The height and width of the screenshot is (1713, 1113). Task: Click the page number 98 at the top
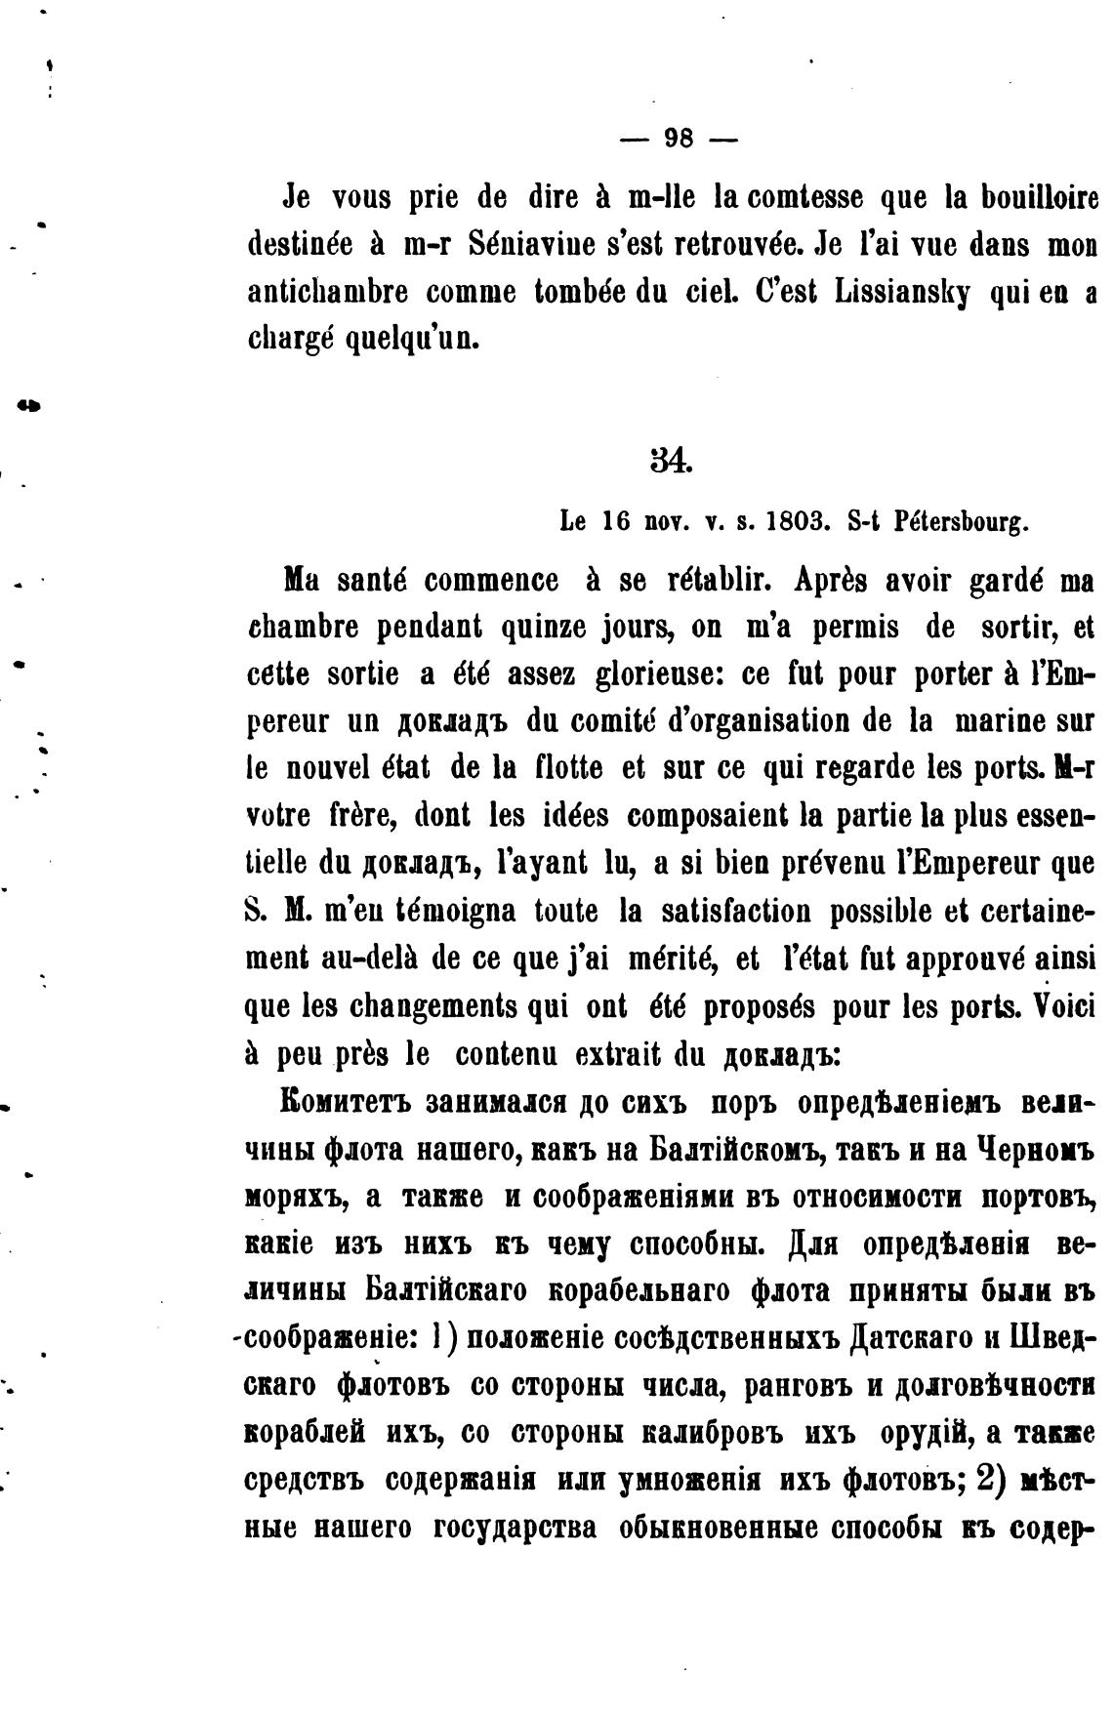tap(679, 139)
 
